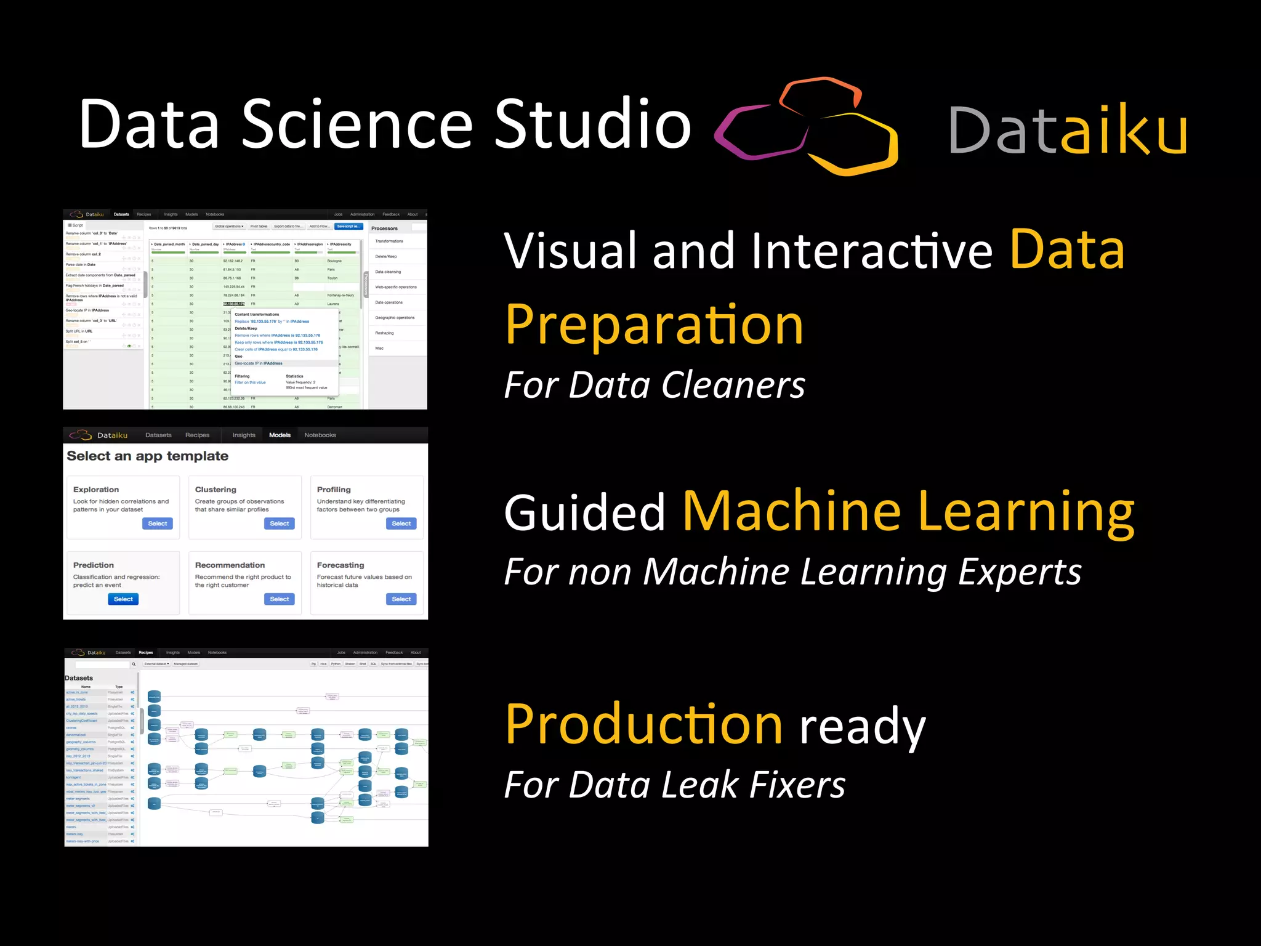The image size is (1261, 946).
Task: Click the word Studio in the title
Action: click(593, 124)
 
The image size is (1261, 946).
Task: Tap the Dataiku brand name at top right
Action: click(1068, 130)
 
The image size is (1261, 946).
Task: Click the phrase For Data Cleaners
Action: click(655, 386)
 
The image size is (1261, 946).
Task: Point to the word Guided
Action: click(584, 512)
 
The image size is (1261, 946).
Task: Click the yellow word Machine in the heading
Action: click(792, 511)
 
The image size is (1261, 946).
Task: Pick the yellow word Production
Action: click(644, 725)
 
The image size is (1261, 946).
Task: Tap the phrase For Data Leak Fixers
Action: click(674, 785)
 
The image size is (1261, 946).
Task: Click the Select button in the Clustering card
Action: click(279, 524)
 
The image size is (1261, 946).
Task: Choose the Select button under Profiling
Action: click(401, 524)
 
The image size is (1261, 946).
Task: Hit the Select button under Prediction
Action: click(123, 599)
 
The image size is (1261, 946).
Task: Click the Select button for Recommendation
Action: click(279, 599)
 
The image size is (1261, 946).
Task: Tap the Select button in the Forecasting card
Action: click(401, 599)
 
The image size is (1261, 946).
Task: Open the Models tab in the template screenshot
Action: click(280, 435)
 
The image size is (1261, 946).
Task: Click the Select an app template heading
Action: click(147, 456)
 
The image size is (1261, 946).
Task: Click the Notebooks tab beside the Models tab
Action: click(320, 435)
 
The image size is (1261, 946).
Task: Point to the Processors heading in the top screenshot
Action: click(384, 228)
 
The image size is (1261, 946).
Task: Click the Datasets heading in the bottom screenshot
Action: click(79, 678)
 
